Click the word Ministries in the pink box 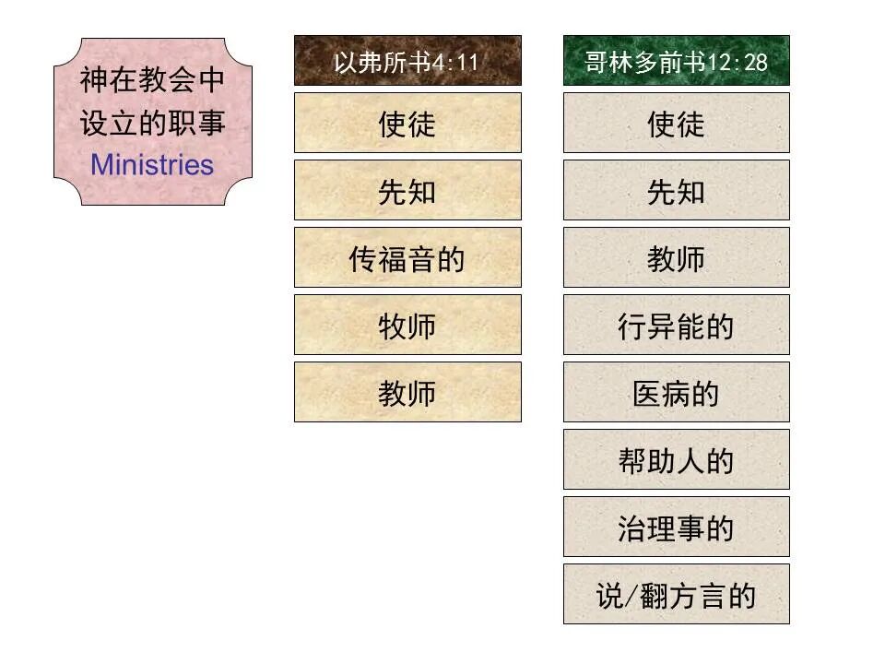coord(152,165)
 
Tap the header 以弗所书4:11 coord(407,61)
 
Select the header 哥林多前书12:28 coord(676,61)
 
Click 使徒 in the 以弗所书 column coord(407,123)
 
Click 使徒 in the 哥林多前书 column coord(676,123)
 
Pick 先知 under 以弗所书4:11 coord(407,191)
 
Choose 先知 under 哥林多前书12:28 coord(676,191)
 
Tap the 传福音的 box coord(407,258)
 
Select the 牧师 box coord(407,326)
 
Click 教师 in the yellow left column coord(407,393)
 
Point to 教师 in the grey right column coord(676,258)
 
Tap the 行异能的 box coord(676,326)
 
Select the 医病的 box coord(676,393)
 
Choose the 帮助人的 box coord(676,460)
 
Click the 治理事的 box coord(676,528)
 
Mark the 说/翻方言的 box coord(676,595)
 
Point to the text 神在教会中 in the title coord(152,80)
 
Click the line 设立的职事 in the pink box coord(152,123)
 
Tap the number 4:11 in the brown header coord(456,62)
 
